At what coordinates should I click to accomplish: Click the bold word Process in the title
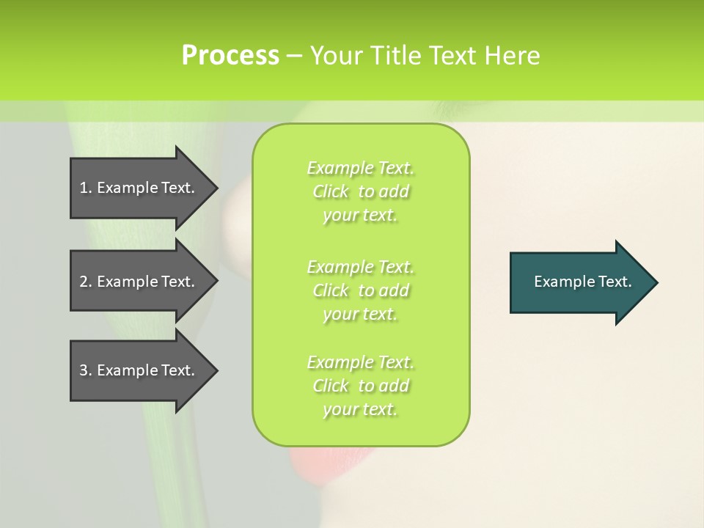(230, 56)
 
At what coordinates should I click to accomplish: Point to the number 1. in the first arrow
(86, 188)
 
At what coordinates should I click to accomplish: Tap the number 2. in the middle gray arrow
(86, 282)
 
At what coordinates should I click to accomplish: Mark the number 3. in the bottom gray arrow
(86, 370)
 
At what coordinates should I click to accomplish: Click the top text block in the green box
(360, 191)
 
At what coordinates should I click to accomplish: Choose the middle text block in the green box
(360, 290)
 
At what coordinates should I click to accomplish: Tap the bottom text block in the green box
(360, 386)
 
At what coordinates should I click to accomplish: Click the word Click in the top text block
(331, 192)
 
